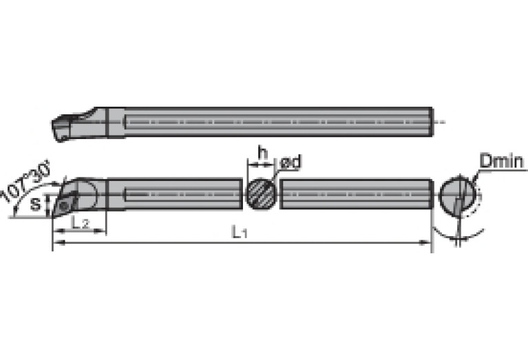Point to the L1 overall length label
pyautogui.click(x=240, y=233)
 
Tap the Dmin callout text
pyautogui.click(x=502, y=162)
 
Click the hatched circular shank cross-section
pyautogui.click(x=262, y=193)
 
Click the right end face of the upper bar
pyautogui.click(x=432, y=122)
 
